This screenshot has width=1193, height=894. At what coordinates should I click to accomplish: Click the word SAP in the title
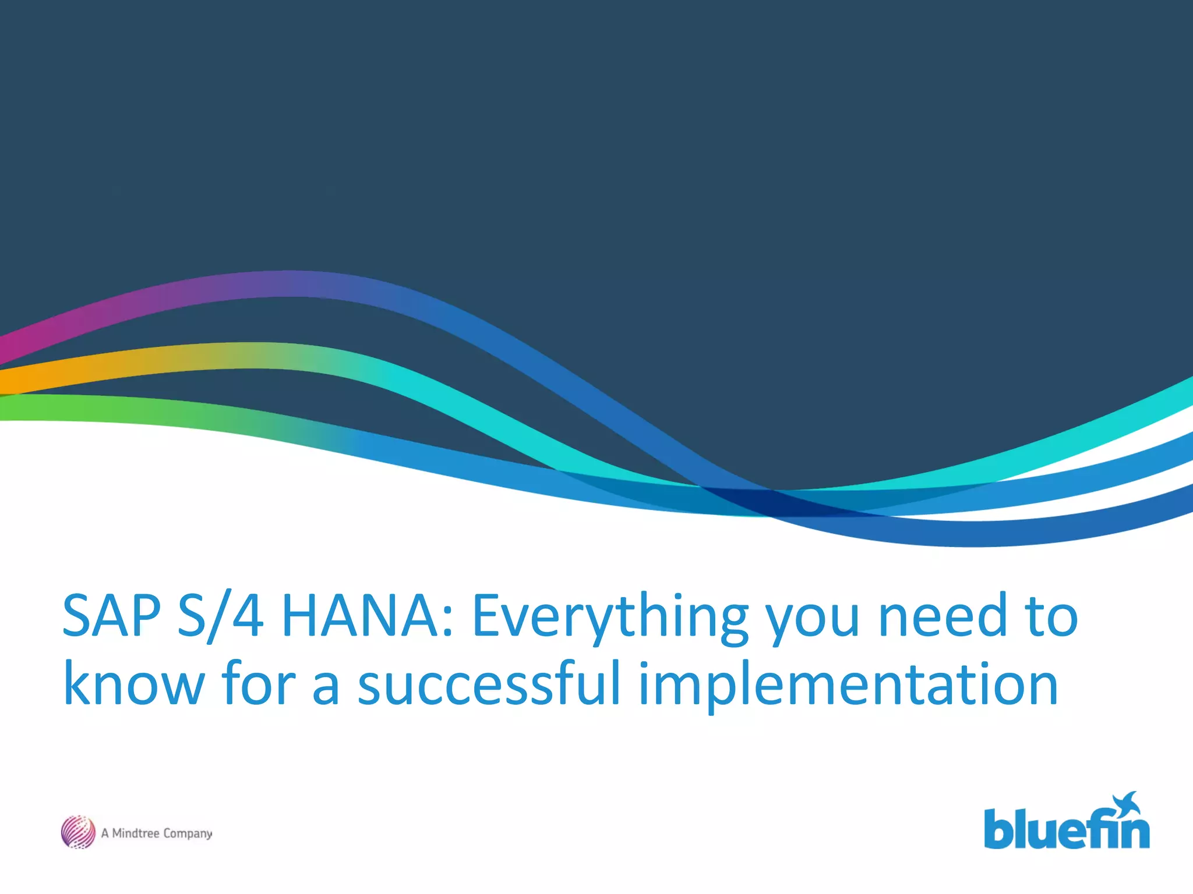(111, 616)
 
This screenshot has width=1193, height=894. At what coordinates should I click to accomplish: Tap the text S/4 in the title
(220, 616)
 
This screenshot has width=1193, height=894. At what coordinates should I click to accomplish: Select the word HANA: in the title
(367, 616)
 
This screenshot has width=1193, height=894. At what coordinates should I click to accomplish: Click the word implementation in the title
(848, 687)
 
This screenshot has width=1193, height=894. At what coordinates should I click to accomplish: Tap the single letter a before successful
(326, 689)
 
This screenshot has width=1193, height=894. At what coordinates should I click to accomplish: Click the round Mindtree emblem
(78, 832)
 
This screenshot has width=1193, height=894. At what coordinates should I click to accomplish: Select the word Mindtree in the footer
(135, 833)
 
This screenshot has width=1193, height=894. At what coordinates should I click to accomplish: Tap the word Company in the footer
(187, 834)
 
